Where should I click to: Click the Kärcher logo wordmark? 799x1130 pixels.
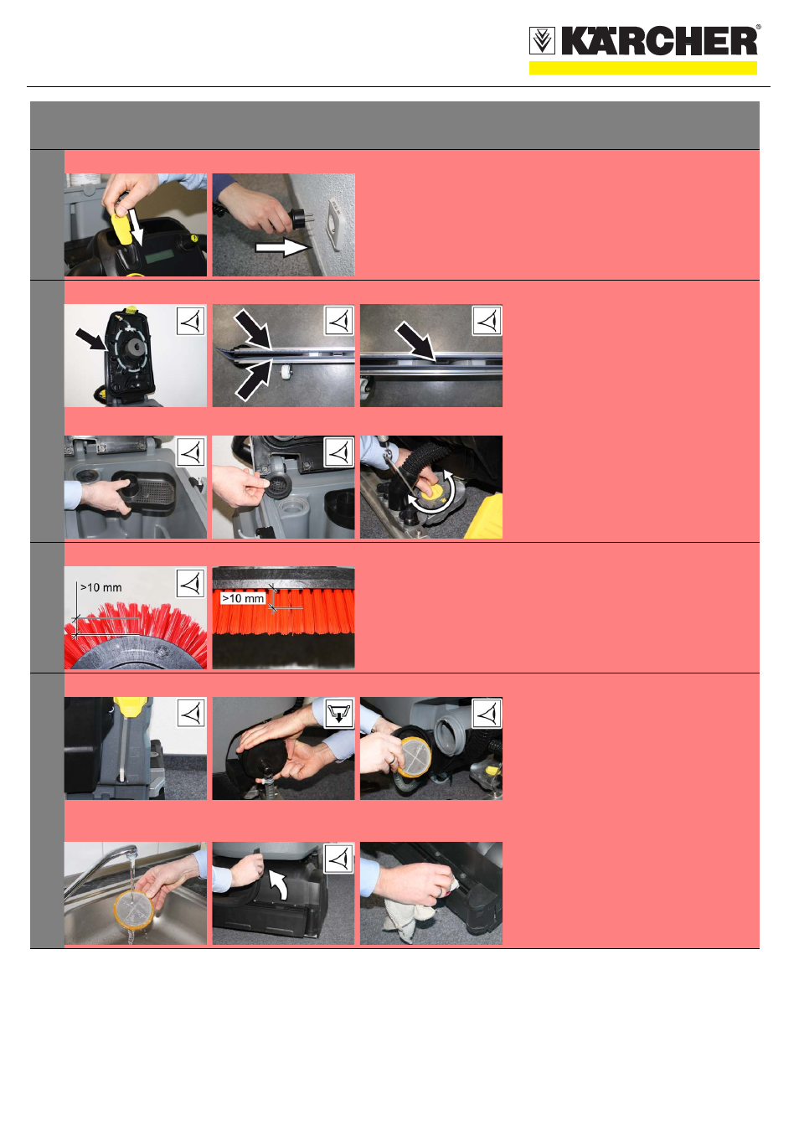pos(659,40)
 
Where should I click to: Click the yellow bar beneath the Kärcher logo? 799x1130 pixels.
pos(642,68)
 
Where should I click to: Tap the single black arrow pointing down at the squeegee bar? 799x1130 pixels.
pos(415,342)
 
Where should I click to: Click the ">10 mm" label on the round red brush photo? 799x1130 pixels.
pos(101,588)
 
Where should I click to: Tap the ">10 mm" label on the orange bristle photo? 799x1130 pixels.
pos(243,598)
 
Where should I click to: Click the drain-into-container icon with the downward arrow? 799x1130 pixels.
pos(339,713)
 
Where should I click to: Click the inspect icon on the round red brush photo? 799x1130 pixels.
pos(190,583)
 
